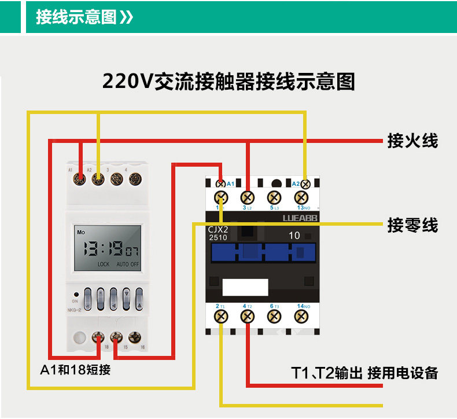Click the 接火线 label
pyautogui.click(x=412, y=141)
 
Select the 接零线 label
pyautogui.click(x=412, y=225)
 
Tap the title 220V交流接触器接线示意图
pyautogui.click(x=228, y=82)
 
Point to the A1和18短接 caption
pyautogui.click(x=75, y=370)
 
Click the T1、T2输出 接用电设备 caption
pyautogui.click(x=364, y=373)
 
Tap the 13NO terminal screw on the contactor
pyautogui.click(x=300, y=197)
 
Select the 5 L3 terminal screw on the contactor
pyautogui.click(x=274, y=197)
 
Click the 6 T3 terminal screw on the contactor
pyautogui.click(x=274, y=316)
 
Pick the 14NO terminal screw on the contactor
pyautogui.click(x=300, y=316)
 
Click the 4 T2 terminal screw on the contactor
pyautogui.click(x=247, y=316)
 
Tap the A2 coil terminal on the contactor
pyautogui.click(x=305, y=184)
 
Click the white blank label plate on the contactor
pyautogui.click(x=245, y=287)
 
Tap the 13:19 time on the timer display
pyautogui.click(x=102, y=249)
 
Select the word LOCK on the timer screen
pyautogui.click(x=103, y=264)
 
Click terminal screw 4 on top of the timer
pyautogui.click(x=135, y=179)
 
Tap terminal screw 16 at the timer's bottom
pyautogui.click(x=135, y=336)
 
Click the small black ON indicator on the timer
pyautogui.click(x=76, y=294)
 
